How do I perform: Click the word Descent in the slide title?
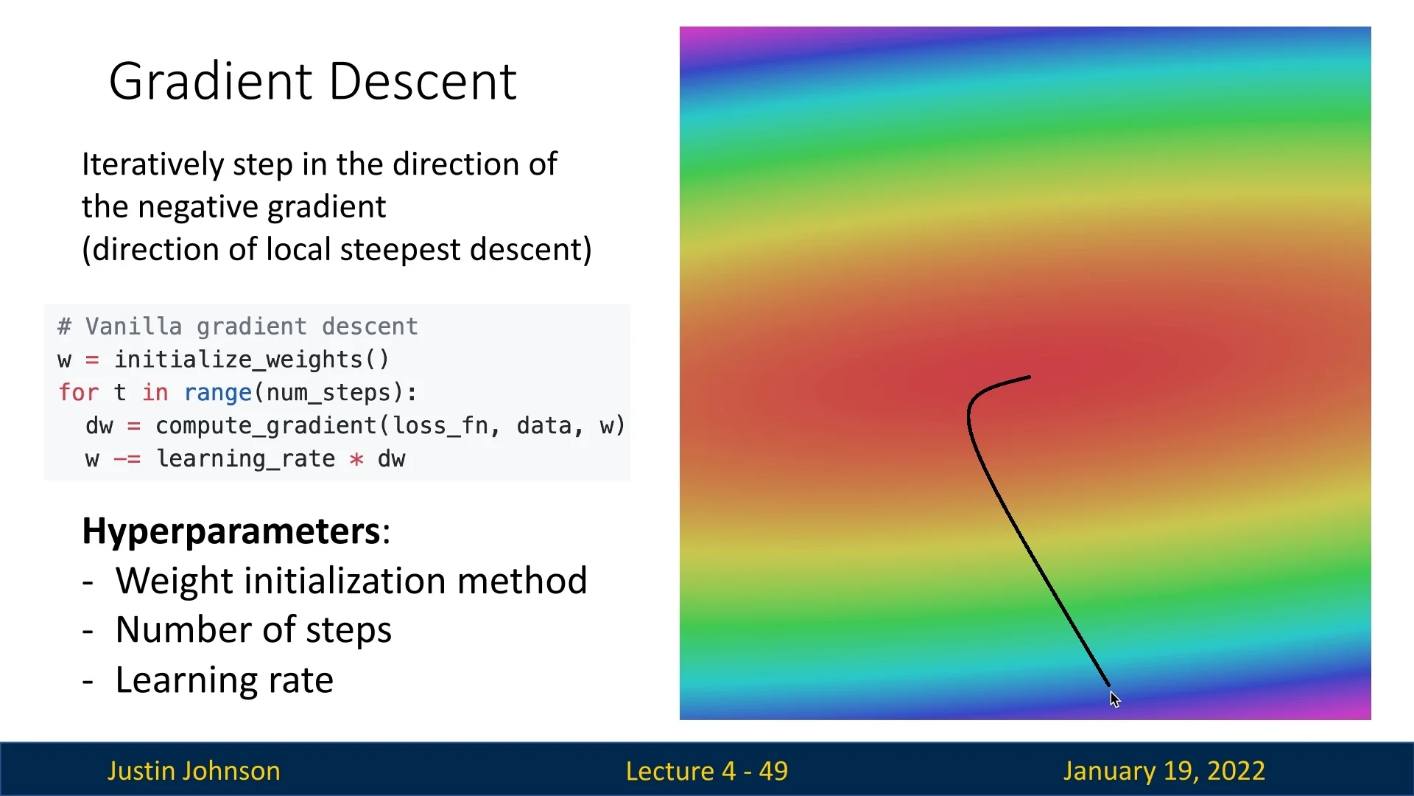click(x=423, y=81)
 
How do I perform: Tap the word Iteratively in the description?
click(x=152, y=165)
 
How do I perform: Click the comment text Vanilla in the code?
click(x=134, y=327)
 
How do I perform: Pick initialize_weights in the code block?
click(x=239, y=360)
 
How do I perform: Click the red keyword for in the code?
click(x=78, y=393)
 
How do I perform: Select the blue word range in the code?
click(x=218, y=394)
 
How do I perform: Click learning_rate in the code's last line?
click(x=246, y=459)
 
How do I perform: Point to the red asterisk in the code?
click(x=356, y=459)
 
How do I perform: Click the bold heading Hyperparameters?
click(x=232, y=531)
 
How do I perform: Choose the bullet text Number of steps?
click(x=253, y=631)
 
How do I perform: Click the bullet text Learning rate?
click(x=224, y=680)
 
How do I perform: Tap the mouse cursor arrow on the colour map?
click(x=1114, y=699)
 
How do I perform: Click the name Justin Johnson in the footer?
click(x=194, y=771)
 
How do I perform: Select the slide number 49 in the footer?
click(x=773, y=772)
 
